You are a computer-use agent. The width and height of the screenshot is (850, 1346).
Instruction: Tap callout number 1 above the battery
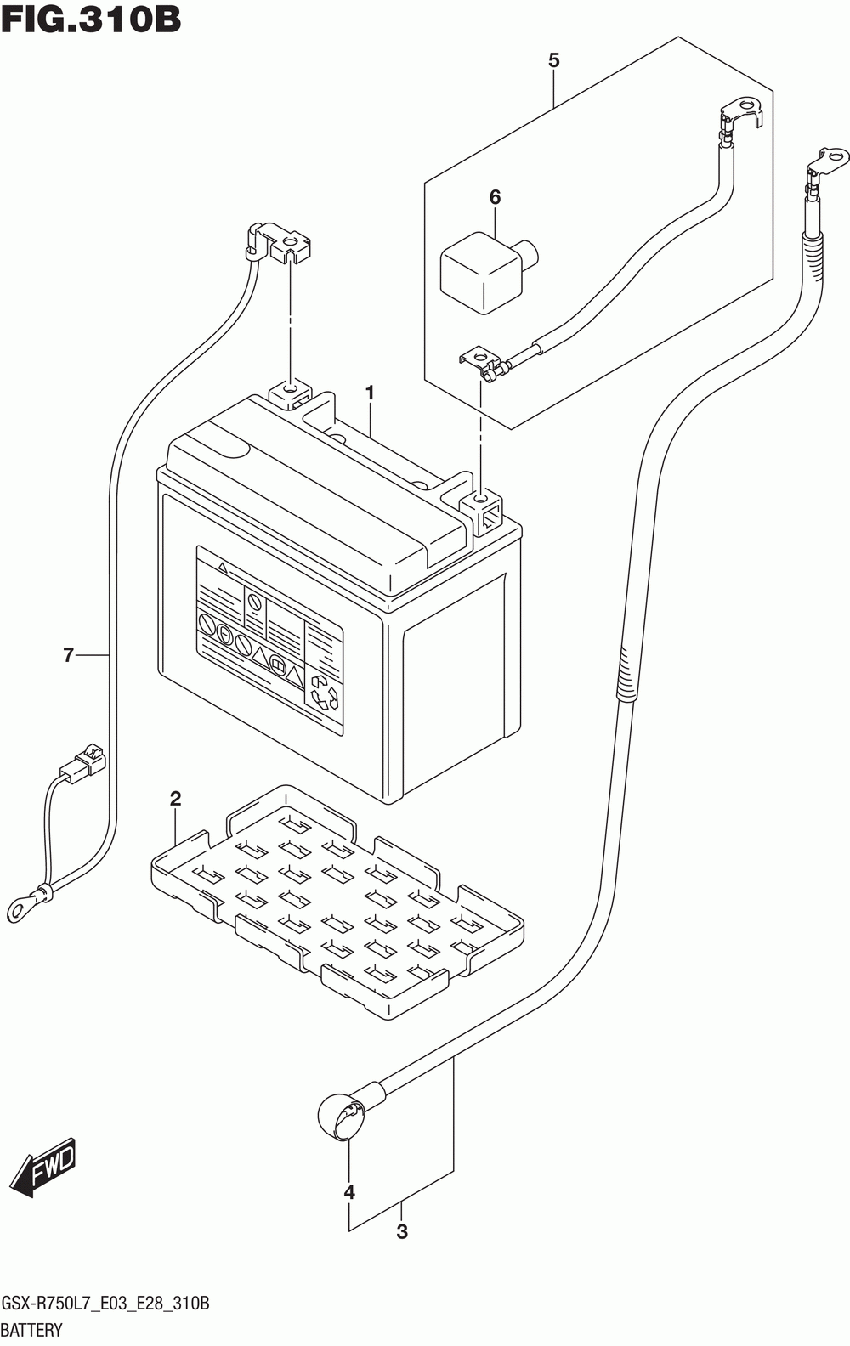370,393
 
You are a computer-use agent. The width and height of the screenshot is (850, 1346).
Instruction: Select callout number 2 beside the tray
176,799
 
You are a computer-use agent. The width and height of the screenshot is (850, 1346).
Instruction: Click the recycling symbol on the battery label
324,693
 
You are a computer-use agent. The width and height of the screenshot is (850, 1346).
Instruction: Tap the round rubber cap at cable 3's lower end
342,1117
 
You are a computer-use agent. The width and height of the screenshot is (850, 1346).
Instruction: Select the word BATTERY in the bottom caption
31,1330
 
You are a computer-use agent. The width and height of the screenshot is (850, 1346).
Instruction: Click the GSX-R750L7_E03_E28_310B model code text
105,1304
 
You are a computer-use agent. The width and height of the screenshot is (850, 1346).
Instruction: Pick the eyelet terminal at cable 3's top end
828,162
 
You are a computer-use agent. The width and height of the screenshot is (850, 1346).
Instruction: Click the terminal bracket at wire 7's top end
280,243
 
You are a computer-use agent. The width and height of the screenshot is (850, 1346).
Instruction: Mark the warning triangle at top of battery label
223,566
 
